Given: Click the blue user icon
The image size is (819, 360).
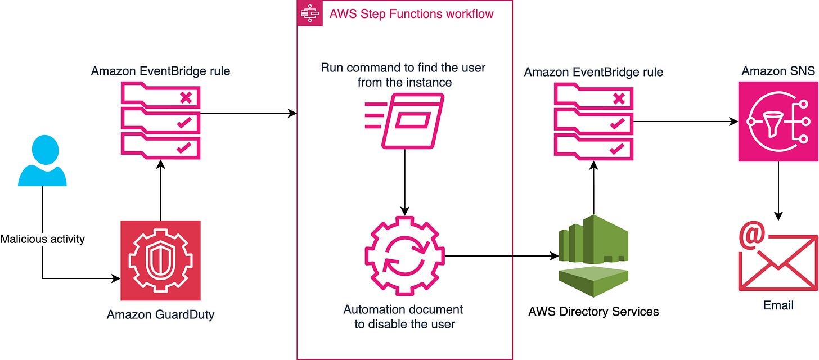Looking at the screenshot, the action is (x=42, y=160).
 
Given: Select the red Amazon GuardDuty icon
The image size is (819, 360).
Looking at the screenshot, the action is (x=160, y=260).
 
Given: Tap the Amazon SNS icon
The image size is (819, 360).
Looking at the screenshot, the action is (x=778, y=121).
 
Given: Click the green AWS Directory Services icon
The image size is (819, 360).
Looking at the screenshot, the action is (x=594, y=256).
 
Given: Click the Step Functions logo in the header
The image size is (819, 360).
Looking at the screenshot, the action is (x=310, y=13).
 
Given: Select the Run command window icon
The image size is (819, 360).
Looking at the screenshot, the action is (x=405, y=121).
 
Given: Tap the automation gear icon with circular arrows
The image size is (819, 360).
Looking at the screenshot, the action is (x=405, y=256).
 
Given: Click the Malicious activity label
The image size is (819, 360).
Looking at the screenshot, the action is (x=42, y=239).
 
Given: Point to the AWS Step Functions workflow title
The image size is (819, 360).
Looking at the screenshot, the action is (x=411, y=14).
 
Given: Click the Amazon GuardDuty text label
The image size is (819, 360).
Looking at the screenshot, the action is (x=160, y=314).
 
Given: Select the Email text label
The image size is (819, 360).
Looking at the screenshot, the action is (x=778, y=305).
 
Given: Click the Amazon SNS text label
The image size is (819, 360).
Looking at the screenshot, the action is (x=778, y=70).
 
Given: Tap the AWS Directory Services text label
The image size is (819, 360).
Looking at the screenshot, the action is (x=594, y=312).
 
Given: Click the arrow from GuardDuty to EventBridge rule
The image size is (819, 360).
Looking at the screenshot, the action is (x=160, y=190).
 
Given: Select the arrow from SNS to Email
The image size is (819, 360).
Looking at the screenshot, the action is (x=778, y=191).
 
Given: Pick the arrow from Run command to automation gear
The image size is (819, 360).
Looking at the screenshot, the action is (x=405, y=182).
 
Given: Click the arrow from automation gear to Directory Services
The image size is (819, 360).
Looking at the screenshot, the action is (x=502, y=256).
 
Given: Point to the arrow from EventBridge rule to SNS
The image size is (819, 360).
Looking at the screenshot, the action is (x=686, y=121).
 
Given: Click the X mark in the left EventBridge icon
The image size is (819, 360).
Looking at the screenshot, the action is (x=186, y=97).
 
